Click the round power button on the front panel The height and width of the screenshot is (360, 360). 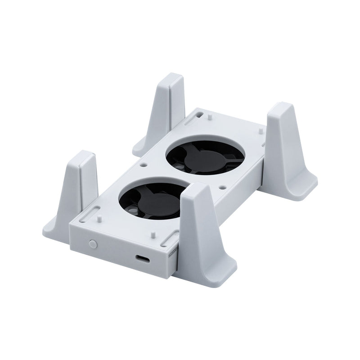coord(93,243)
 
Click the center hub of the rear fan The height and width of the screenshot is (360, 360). coord(202,158)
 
